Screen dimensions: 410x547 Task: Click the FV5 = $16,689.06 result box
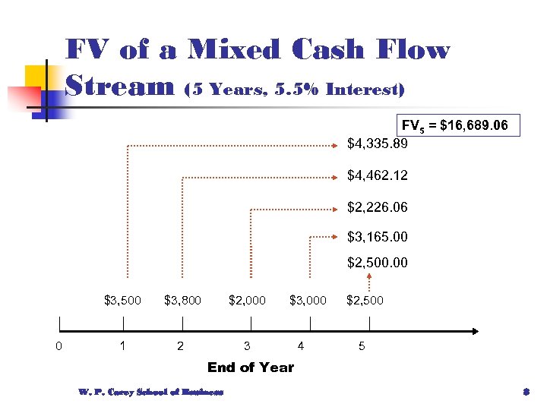point(460,125)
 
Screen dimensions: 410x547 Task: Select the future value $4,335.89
point(378,143)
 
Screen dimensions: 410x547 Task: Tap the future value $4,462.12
point(378,175)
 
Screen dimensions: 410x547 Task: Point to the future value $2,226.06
point(378,207)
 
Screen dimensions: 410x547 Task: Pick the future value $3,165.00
point(378,237)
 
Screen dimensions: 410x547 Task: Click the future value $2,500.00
point(378,263)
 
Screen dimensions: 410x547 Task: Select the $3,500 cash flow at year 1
point(122,300)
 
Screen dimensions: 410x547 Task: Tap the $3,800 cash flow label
point(182,300)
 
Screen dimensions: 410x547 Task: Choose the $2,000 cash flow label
point(247,300)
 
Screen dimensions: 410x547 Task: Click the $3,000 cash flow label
point(308,300)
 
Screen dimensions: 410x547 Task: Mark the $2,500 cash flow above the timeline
point(365,300)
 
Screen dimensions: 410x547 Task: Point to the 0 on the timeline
point(59,347)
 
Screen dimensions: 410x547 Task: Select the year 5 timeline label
point(362,347)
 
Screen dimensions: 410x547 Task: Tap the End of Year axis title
point(251,367)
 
